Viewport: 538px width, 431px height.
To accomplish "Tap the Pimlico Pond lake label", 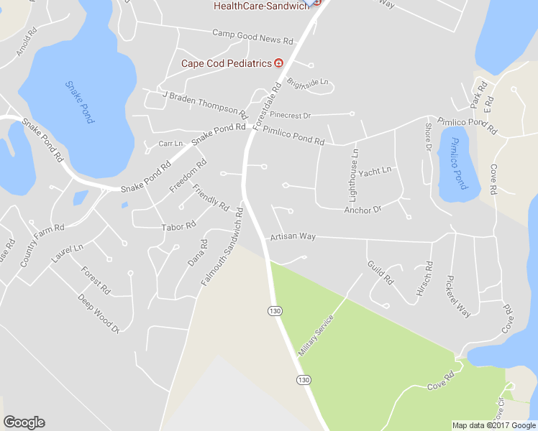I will tap(455, 162).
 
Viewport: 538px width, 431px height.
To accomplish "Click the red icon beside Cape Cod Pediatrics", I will tap(278, 63).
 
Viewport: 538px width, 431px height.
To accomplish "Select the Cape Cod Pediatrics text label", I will tap(226, 63).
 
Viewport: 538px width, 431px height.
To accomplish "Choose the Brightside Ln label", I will tap(307, 83).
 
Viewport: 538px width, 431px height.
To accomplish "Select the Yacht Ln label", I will tap(375, 171).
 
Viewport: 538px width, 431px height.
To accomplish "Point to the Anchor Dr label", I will tap(362, 210).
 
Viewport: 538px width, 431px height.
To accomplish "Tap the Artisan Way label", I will tap(293, 236).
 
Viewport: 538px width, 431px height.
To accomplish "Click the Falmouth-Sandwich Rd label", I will tap(223, 246).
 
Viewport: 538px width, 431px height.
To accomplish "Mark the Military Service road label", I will tap(316, 335).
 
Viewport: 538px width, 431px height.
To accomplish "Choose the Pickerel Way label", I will tap(458, 295).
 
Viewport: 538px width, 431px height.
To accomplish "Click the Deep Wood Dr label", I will tap(99, 314).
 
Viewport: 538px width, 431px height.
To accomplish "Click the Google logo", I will tap(24, 422).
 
